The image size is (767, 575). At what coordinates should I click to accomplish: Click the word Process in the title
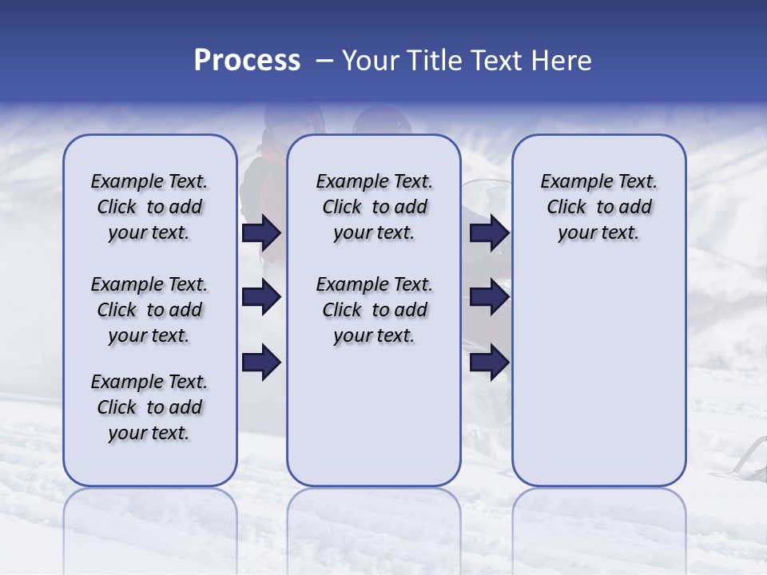point(247,61)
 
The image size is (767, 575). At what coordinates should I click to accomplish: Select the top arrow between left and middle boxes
point(261,232)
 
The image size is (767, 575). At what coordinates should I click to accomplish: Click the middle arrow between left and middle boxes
point(261,298)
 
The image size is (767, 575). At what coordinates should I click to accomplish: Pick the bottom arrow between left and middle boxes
point(261,363)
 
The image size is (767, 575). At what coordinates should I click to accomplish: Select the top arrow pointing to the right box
point(489,232)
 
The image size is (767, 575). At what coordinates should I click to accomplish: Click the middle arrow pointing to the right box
point(489,298)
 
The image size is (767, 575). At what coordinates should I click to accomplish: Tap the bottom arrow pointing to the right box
point(489,363)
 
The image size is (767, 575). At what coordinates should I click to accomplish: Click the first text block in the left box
point(149,207)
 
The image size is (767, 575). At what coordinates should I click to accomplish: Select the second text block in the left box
point(149,310)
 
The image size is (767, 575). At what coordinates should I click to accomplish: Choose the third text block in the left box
point(149,407)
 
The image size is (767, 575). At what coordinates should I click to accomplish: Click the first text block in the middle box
point(374,207)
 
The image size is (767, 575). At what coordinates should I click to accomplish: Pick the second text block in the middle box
point(374,310)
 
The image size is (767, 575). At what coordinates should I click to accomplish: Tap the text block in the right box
point(598,207)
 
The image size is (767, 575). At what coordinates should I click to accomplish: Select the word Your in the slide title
point(368,61)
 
